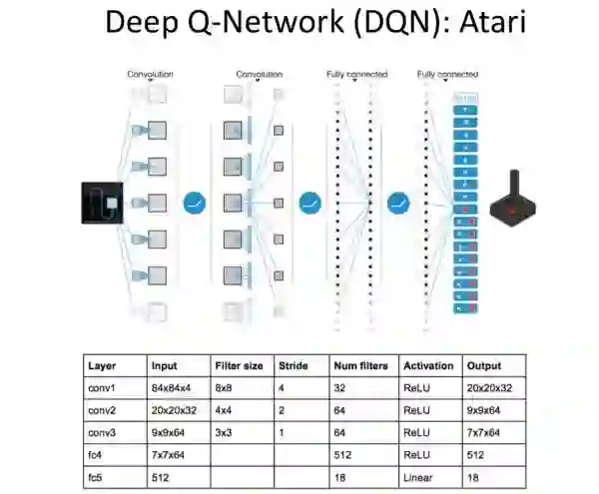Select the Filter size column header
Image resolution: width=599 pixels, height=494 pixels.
pyautogui.click(x=239, y=366)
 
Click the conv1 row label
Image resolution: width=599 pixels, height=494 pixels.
pyautogui.click(x=102, y=388)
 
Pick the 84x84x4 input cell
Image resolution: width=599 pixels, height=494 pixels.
pyautogui.click(x=171, y=388)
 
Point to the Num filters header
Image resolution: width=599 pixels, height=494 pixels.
pyautogui.click(x=360, y=366)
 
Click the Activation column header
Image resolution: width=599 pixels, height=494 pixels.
pyautogui.click(x=428, y=366)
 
